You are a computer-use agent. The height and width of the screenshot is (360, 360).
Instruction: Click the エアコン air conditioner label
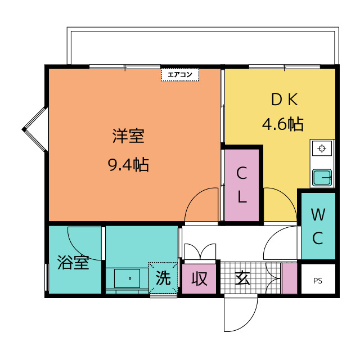click(180, 74)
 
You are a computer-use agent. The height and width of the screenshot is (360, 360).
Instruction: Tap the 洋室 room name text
click(128, 137)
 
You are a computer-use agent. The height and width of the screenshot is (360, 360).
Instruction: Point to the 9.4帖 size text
click(128, 165)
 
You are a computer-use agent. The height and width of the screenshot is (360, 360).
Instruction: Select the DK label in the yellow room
click(283, 100)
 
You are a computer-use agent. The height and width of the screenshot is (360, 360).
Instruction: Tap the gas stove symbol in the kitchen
click(322, 150)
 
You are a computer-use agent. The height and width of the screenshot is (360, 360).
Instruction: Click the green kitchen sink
click(322, 178)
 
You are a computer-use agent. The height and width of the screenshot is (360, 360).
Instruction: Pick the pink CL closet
click(242, 184)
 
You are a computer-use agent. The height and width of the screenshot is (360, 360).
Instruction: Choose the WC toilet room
click(318, 226)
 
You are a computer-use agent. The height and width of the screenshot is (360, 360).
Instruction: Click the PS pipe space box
click(318, 280)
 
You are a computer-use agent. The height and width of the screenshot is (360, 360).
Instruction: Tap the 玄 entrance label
click(242, 278)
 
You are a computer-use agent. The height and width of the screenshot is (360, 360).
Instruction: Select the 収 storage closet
click(199, 278)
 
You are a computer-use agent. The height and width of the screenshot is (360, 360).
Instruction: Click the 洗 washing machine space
click(163, 277)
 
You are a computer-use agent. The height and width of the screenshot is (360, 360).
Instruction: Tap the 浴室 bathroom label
click(74, 263)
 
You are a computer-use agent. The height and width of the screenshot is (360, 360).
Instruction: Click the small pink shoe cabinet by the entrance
click(289, 278)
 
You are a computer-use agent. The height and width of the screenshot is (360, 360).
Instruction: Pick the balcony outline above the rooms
click(202, 45)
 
